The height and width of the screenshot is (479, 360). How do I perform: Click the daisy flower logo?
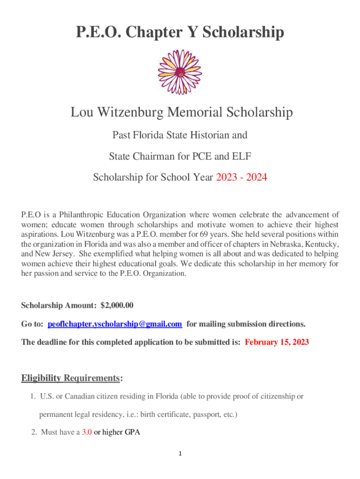180,70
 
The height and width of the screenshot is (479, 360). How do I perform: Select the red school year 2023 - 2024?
241,177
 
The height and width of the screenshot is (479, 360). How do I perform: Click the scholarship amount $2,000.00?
117,305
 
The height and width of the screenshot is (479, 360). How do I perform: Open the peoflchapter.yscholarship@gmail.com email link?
115,324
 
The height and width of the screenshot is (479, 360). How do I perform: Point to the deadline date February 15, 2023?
277,342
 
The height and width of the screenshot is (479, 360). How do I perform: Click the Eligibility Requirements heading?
71,378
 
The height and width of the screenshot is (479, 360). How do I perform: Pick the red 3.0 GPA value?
86,432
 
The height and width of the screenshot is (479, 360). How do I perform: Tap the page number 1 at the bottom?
180,454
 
